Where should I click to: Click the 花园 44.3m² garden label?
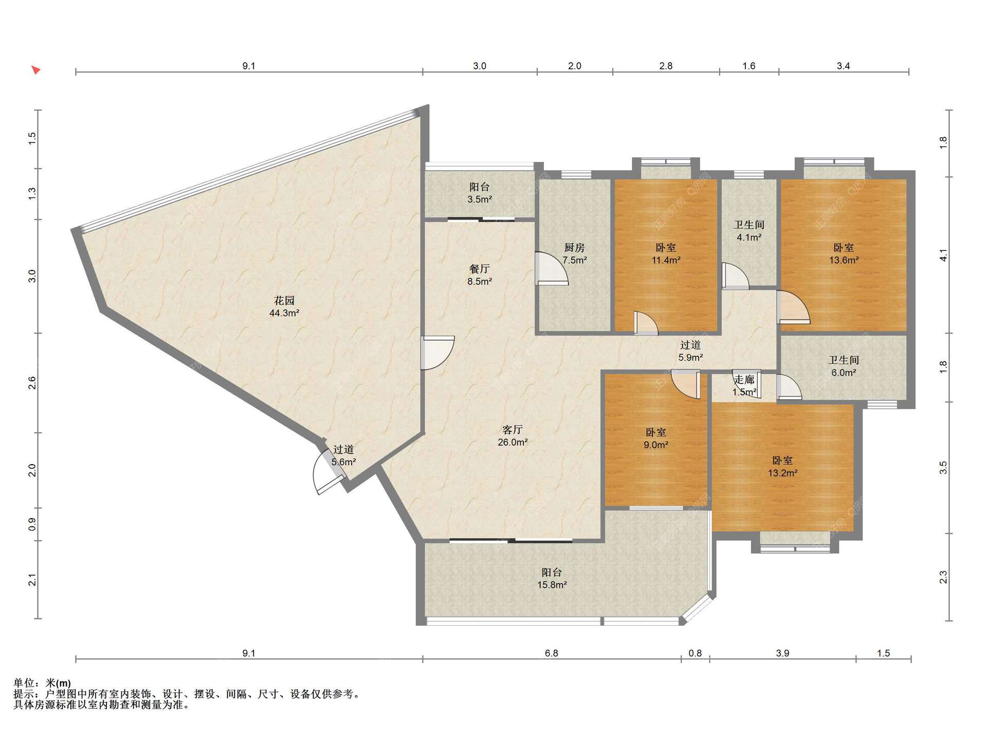pos(284,306)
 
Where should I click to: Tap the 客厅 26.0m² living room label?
pos(513,435)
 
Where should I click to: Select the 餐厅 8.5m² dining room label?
pos(480,275)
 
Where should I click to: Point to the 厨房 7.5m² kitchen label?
pos(574,254)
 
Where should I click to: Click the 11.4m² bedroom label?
pos(666,254)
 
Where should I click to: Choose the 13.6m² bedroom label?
pos(844,254)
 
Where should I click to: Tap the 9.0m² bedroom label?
pos(656,438)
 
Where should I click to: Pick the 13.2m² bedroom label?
pos(782,467)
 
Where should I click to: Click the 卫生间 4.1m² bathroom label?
pos(749,231)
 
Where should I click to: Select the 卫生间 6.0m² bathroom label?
pos(844,367)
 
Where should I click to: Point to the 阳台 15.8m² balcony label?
pos(552,578)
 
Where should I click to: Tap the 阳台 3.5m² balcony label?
pos(480,193)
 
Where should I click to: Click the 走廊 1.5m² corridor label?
pos(744,386)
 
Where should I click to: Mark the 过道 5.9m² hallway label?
pos(690,351)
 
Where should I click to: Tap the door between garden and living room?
pos(437,353)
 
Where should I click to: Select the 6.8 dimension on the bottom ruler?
pos(552,653)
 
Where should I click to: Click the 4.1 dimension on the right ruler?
pos(943,255)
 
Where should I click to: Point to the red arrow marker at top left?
pos(35,69)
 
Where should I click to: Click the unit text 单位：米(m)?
pos(42,683)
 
